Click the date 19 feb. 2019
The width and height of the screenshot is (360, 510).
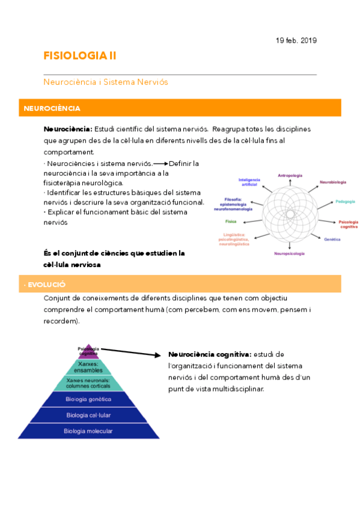click(x=296, y=40)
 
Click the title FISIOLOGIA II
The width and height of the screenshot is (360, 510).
click(x=80, y=56)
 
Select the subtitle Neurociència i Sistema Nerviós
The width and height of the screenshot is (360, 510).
click(x=106, y=81)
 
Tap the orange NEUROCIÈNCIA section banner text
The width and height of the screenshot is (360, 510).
click(x=52, y=108)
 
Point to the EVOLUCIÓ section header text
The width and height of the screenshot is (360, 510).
click(x=45, y=284)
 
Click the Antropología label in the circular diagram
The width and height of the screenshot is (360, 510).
click(x=290, y=176)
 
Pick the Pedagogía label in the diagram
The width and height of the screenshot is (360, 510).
click(x=345, y=201)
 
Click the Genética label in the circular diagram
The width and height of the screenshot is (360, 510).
click(x=332, y=239)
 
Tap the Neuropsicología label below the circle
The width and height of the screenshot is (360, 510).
click(x=290, y=253)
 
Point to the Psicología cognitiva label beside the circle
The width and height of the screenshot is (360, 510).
click(x=349, y=224)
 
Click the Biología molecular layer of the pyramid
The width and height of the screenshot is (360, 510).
click(x=88, y=431)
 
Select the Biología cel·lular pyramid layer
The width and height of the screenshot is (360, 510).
click(x=88, y=415)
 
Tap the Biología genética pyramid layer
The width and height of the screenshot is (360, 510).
click(x=88, y=399)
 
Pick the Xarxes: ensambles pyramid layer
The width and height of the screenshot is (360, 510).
click(x=88, y=366)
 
